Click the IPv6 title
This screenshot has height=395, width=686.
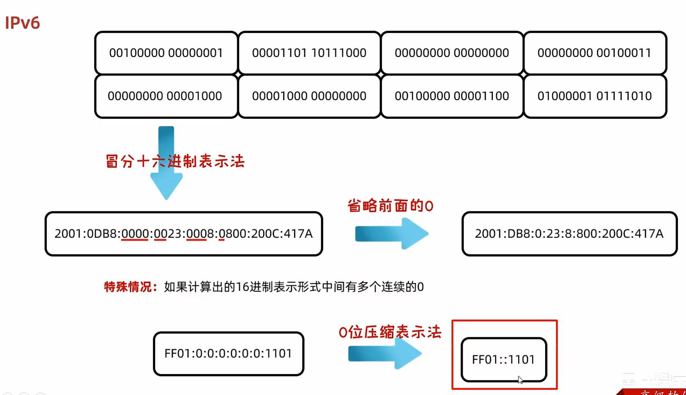pyautogui.click(x=22, y=23)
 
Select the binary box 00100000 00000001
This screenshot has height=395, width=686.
pyautogui.click(x=166, y=53)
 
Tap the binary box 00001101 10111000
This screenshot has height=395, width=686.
pyautogui.click(x=309, y=53)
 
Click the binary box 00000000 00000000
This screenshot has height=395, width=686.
pyautogui.click(x=452, y=53)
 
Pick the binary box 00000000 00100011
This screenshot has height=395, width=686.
pyautogui.click(x=595, y=53)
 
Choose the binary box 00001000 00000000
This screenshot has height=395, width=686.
pyautogui.click(x=309, y=96)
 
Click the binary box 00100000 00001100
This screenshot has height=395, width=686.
pyautogui.click(x=452, y=96)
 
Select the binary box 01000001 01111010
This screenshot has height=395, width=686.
pyautogui.click(x=595, y=96)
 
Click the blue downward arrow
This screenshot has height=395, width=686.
pyautogui.click(x=166, y=182)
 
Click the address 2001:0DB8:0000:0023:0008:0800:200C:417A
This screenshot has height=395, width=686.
pyautogui.click(x=184, y=234)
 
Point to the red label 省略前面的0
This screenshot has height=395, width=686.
pyautogui.click(x=390, y=206)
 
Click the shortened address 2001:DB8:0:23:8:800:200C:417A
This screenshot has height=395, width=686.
pyautogui.click(x=569, y=234)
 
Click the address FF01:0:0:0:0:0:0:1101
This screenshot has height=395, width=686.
pyautogui.click(x=228, y=354)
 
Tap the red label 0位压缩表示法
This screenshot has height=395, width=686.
pyautogui.click(x=390, y=332)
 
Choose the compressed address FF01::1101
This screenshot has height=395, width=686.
pyautogui.click(x=503, y=359)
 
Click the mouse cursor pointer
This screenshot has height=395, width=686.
pyautogui.click(x=520, y=380)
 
